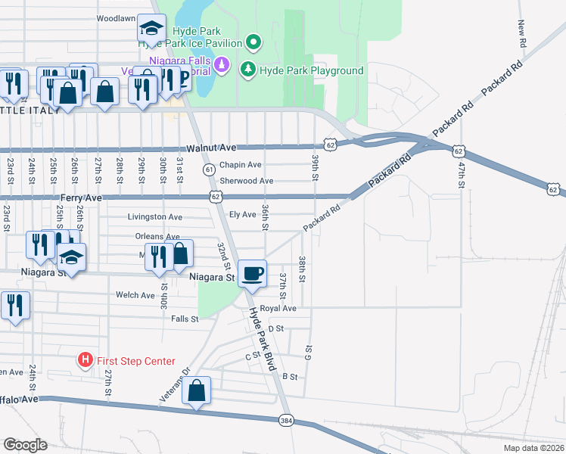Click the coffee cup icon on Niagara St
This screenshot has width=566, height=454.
(253, 272)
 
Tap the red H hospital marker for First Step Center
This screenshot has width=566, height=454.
(86, 361)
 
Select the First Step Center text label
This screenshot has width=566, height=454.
(136, 362)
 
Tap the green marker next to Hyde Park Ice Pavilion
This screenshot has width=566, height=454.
(253, 43)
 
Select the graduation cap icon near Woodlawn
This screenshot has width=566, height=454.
(151, 29)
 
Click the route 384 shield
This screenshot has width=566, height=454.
(285, 419)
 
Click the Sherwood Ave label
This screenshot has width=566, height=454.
(246, 181)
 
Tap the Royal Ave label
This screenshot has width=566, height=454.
(278, 309)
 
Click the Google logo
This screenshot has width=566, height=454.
(24, 444)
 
